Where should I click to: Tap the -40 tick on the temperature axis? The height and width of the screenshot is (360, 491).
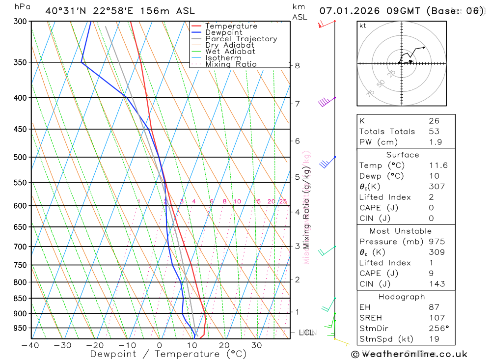(x=30, y=345)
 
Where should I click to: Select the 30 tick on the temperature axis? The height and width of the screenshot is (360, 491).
(x=257, y=345)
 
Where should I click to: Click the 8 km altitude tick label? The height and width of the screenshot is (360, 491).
(x=298, y=65)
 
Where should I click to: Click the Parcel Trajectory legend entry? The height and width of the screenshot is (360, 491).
(x=241, y=39)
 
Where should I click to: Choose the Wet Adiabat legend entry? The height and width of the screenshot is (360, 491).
(x=230, y=52)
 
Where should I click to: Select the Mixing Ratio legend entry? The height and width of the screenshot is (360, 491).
(x=231, y=64)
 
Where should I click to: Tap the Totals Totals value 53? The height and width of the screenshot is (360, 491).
(x=434, y=132)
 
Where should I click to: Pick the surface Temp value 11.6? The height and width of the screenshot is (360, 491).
(x=438, y=166)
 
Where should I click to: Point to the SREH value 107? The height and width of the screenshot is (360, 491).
(x=436, y=318)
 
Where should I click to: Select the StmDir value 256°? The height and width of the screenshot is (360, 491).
(x=438, y=329)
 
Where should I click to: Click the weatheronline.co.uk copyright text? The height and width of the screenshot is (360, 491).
(x=409, y=354)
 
